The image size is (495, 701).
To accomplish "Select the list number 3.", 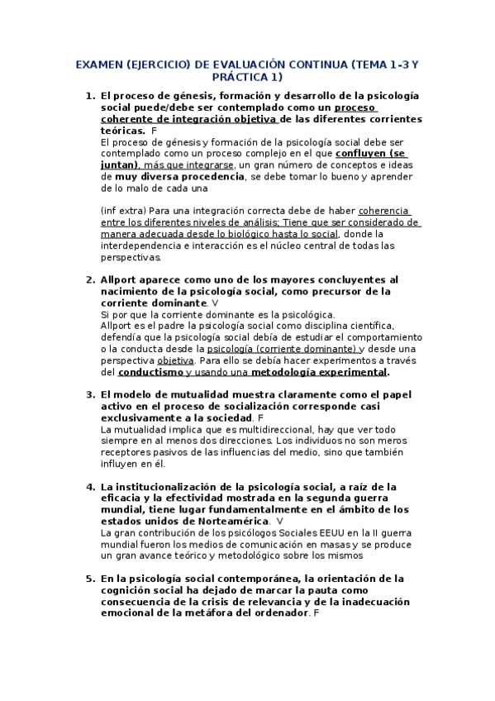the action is tap(90, 395).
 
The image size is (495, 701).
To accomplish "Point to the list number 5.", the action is tap(90, 579).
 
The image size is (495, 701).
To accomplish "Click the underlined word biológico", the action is tap(263, 234).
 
